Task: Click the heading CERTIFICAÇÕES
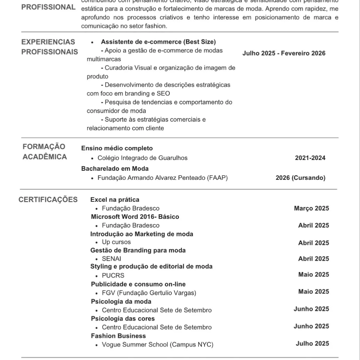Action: pos(48,200)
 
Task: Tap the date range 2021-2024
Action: pos(310,158)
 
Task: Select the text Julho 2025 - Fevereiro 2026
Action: pos(284,53)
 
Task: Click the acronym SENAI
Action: pos(111,259)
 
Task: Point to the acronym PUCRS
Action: pos(113,275)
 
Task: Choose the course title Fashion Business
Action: pos(118,336)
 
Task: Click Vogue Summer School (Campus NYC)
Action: pos(157,345)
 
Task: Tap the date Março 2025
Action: pos(311,208)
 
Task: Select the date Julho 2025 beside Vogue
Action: pos(312,344)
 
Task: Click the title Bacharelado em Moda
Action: pos(115,169)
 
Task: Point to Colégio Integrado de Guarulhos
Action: pos(142,158)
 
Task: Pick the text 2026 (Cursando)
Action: pos(301,178)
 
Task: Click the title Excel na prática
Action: pos(115,200)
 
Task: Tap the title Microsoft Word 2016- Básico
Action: pos(135,217)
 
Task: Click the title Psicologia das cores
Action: pos(123,319)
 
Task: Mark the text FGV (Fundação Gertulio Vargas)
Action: pos(149,293)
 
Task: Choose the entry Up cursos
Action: pos(116,242)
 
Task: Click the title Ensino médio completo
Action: pos(117,149)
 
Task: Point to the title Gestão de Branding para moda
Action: pos(138,250)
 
